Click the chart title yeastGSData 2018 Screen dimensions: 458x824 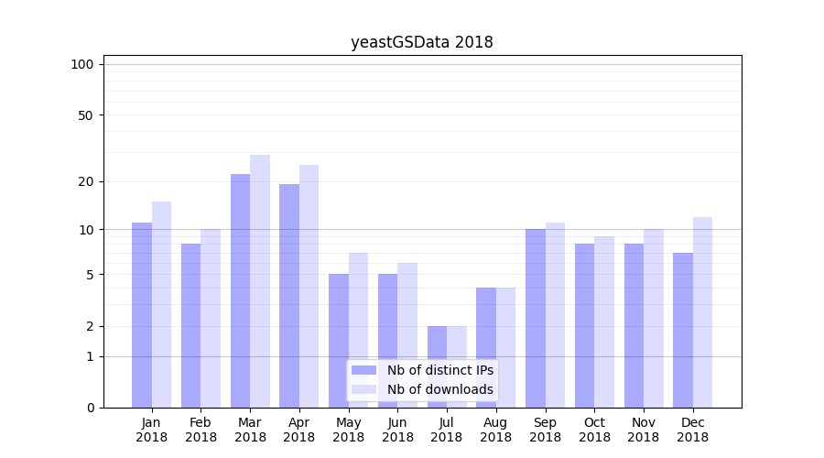[x=422, y=42]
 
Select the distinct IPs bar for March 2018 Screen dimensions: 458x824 [x=240, y=290]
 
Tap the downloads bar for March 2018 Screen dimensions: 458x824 [x=260, y=281]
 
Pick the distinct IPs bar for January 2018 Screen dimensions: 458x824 [x=142, y=315]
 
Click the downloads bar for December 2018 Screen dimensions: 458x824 [x=703, y=312]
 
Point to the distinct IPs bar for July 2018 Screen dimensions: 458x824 [x=437, y=366]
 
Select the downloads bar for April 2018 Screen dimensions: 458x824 [x=309, y=286]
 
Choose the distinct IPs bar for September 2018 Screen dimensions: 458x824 [x=536, y=318]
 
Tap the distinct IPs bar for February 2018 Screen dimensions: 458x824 [x=190, y=325]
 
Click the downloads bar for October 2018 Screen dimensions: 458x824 [x=604, y=322]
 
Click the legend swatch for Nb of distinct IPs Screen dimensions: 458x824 [x=364, y=370]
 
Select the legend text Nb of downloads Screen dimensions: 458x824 [x=439, y=389]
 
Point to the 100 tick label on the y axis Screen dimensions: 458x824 [x=82, y=64]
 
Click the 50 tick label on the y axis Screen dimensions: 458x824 [x=85, y=115]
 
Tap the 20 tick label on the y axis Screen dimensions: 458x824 [x=85, y=181]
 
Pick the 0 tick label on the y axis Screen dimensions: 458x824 [x=90, y=408]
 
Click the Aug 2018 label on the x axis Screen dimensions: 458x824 [x=495, y=430]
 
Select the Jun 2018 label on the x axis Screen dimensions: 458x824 [x=397, y=430]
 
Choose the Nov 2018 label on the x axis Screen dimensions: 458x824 [x=644, y=430]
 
